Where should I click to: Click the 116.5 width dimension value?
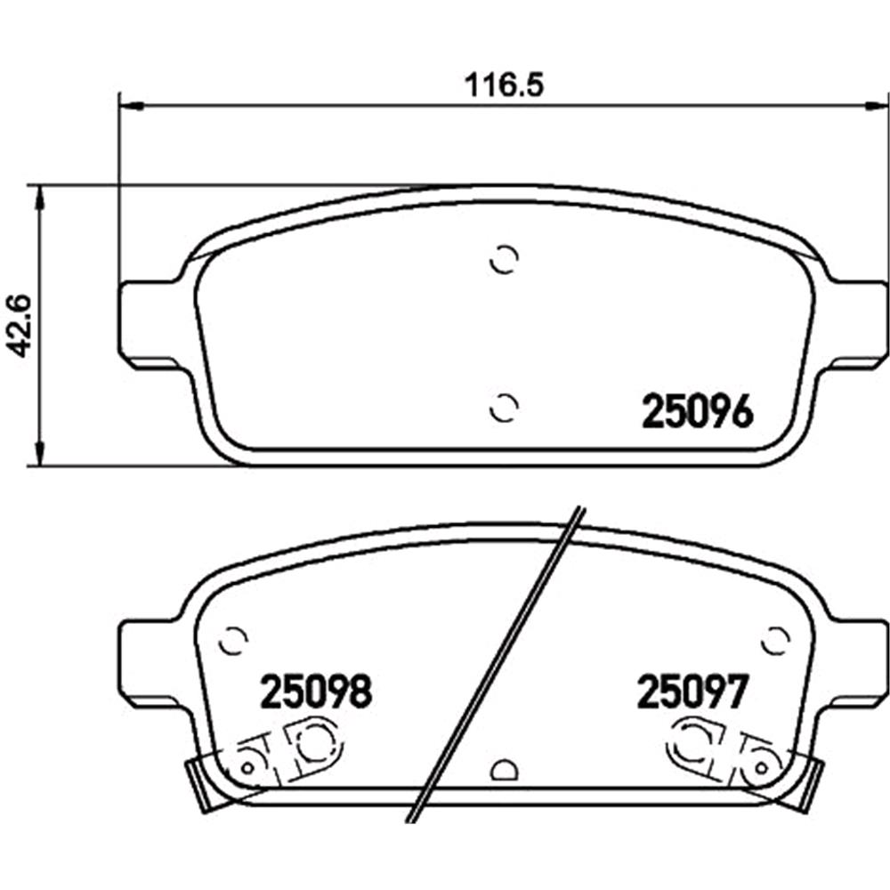tap(505, 86)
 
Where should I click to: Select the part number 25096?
tap(698, 412)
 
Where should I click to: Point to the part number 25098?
tap(315, 691)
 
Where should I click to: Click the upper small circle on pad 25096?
tap(505, 259)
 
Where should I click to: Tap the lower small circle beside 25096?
tap(505, 407)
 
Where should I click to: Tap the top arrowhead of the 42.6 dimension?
tap(37, 198)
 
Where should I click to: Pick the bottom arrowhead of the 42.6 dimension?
tap(37, 452)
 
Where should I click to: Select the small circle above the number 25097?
tap(776, 639)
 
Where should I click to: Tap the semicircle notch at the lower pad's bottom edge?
tap(505, 771)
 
